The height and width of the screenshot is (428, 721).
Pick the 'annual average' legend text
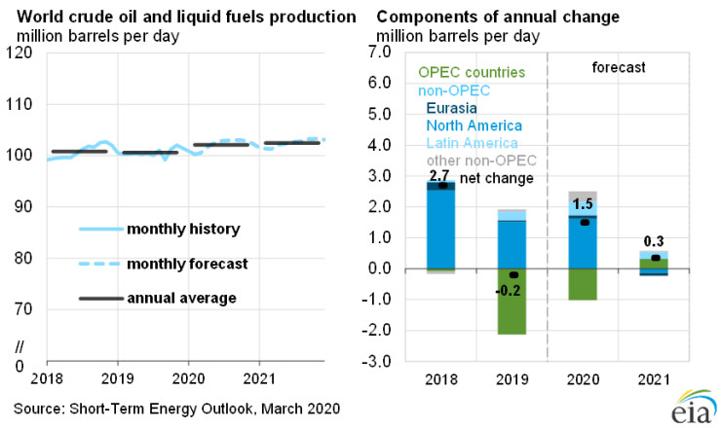click(177, 297)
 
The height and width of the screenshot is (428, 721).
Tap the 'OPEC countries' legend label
click(471, 73)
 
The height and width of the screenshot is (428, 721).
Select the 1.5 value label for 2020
click(583, 205)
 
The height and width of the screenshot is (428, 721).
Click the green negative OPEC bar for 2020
click(582, 284)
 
